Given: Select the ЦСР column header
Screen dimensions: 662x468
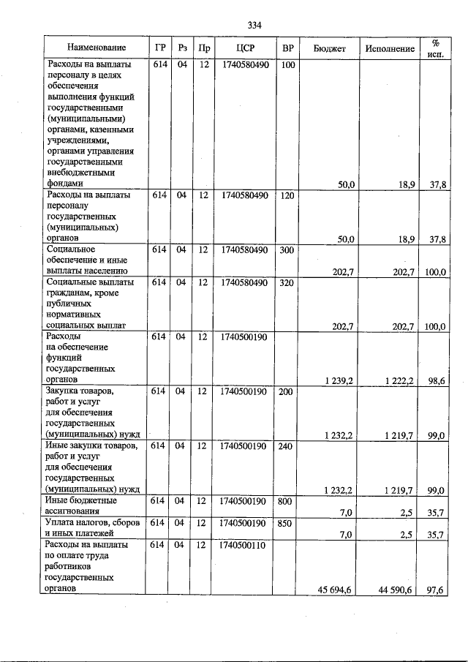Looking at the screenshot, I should (245, 48).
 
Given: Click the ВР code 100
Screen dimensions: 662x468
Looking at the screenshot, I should (288, 66).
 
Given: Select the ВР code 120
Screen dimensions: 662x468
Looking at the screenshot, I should (288, 195).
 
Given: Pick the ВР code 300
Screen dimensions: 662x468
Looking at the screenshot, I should (288, 249).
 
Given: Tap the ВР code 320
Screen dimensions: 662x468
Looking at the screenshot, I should (288, 282).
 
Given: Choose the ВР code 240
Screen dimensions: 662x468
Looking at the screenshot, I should (288, 445).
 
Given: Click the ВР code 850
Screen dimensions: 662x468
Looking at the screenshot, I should (288, 523).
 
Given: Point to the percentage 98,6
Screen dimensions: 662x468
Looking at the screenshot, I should (437, 380).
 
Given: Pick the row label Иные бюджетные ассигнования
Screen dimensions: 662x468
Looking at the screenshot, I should (81, 506).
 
